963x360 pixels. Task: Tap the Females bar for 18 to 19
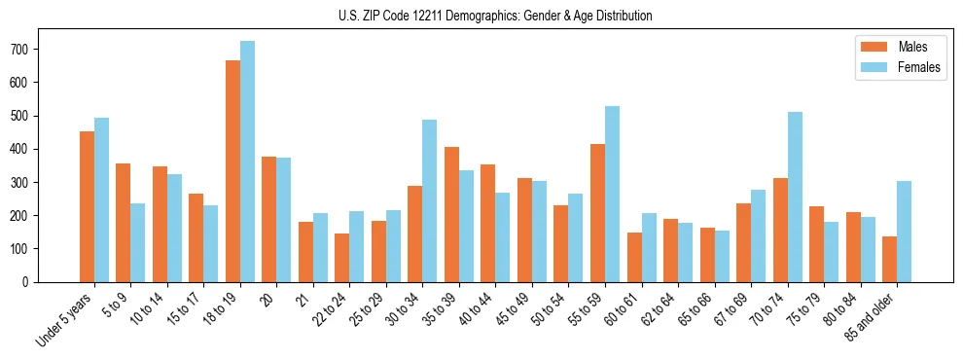[x=247, y=162]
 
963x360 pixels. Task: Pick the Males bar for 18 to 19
[x=232, y=171]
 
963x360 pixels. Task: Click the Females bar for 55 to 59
[x=612, y=194]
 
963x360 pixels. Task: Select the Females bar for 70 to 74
[x=795, y=197]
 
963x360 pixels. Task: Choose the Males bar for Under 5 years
[x=87, y=206]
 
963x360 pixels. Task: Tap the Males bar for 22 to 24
[x=342, y=258]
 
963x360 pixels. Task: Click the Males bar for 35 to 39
[x=451, y=214]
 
